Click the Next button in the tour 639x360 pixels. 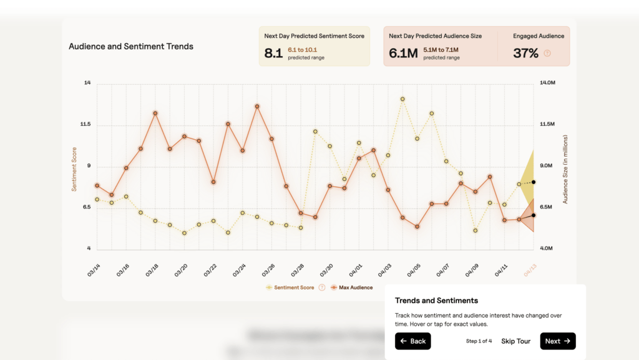pyautogui.click(x=557, y=341)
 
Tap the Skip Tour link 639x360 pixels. pyautogui.click(x=515, y=341)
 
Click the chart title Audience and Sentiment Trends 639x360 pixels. pyautogui.click(x=131, y=46)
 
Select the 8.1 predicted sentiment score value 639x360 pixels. pyautogui.click(x=273, y=54)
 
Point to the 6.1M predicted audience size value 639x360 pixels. pyautogui.click(x=403, y=54)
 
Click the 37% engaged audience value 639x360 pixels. pyautogui.click(x=525, y=54)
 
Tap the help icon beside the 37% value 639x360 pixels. pyautogui.click(x=547, y=54)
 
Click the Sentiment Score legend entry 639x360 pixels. pyautogui.click(x=293, y=288)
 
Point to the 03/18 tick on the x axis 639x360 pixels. pyautogui.click(x=152, y=270)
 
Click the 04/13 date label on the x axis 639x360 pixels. pyautogui.click(x=530, y=270)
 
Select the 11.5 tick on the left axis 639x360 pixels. pyautogui.click(x=85, y=125)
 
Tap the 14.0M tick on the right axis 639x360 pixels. pyautogui.click(x=547, y=83)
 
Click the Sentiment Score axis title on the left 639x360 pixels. pyautogui.click(x=74, y=168)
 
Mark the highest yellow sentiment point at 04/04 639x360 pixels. pyautogui.click(x=402, y=99)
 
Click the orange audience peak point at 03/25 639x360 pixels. pyautogui.click(x=257, y=107)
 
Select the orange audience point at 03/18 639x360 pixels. pyautogui.click(x=155, y=114)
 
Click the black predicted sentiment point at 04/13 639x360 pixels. pyautogui.click(x=534, y=182)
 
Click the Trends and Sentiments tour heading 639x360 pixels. pyautogui.click(x=436, y=301)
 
